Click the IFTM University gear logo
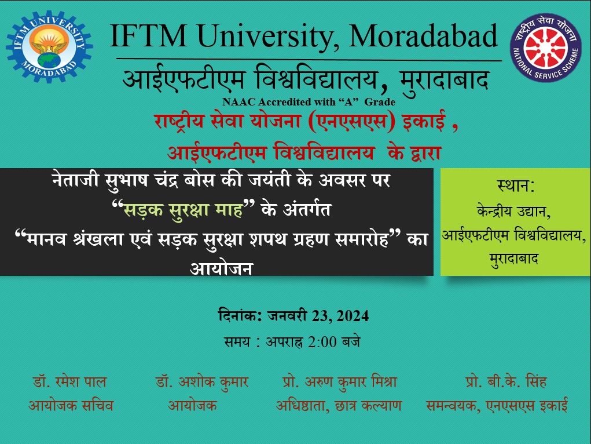click(x=49, y=46)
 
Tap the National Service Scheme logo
click(x=546, y=47)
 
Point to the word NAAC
click(x=239, y=102)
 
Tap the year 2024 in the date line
click(x=353, y=316)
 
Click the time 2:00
click(x=322, y=341)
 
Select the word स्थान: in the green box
click(x=516, y=186)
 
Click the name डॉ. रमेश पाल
click(x=69, y=382)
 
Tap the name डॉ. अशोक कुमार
click(x=202, y=382)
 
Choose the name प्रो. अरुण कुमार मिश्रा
click(x=340, y=382)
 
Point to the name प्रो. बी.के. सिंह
click(x=506, y=382)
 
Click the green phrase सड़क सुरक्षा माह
click(x=183, y=210)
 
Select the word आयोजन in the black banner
click(x=221, y=268)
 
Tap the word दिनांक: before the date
click(x=240, y=315)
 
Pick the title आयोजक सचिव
click(x=71, y=406)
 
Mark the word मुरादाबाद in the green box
click(x=513, y=259)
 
